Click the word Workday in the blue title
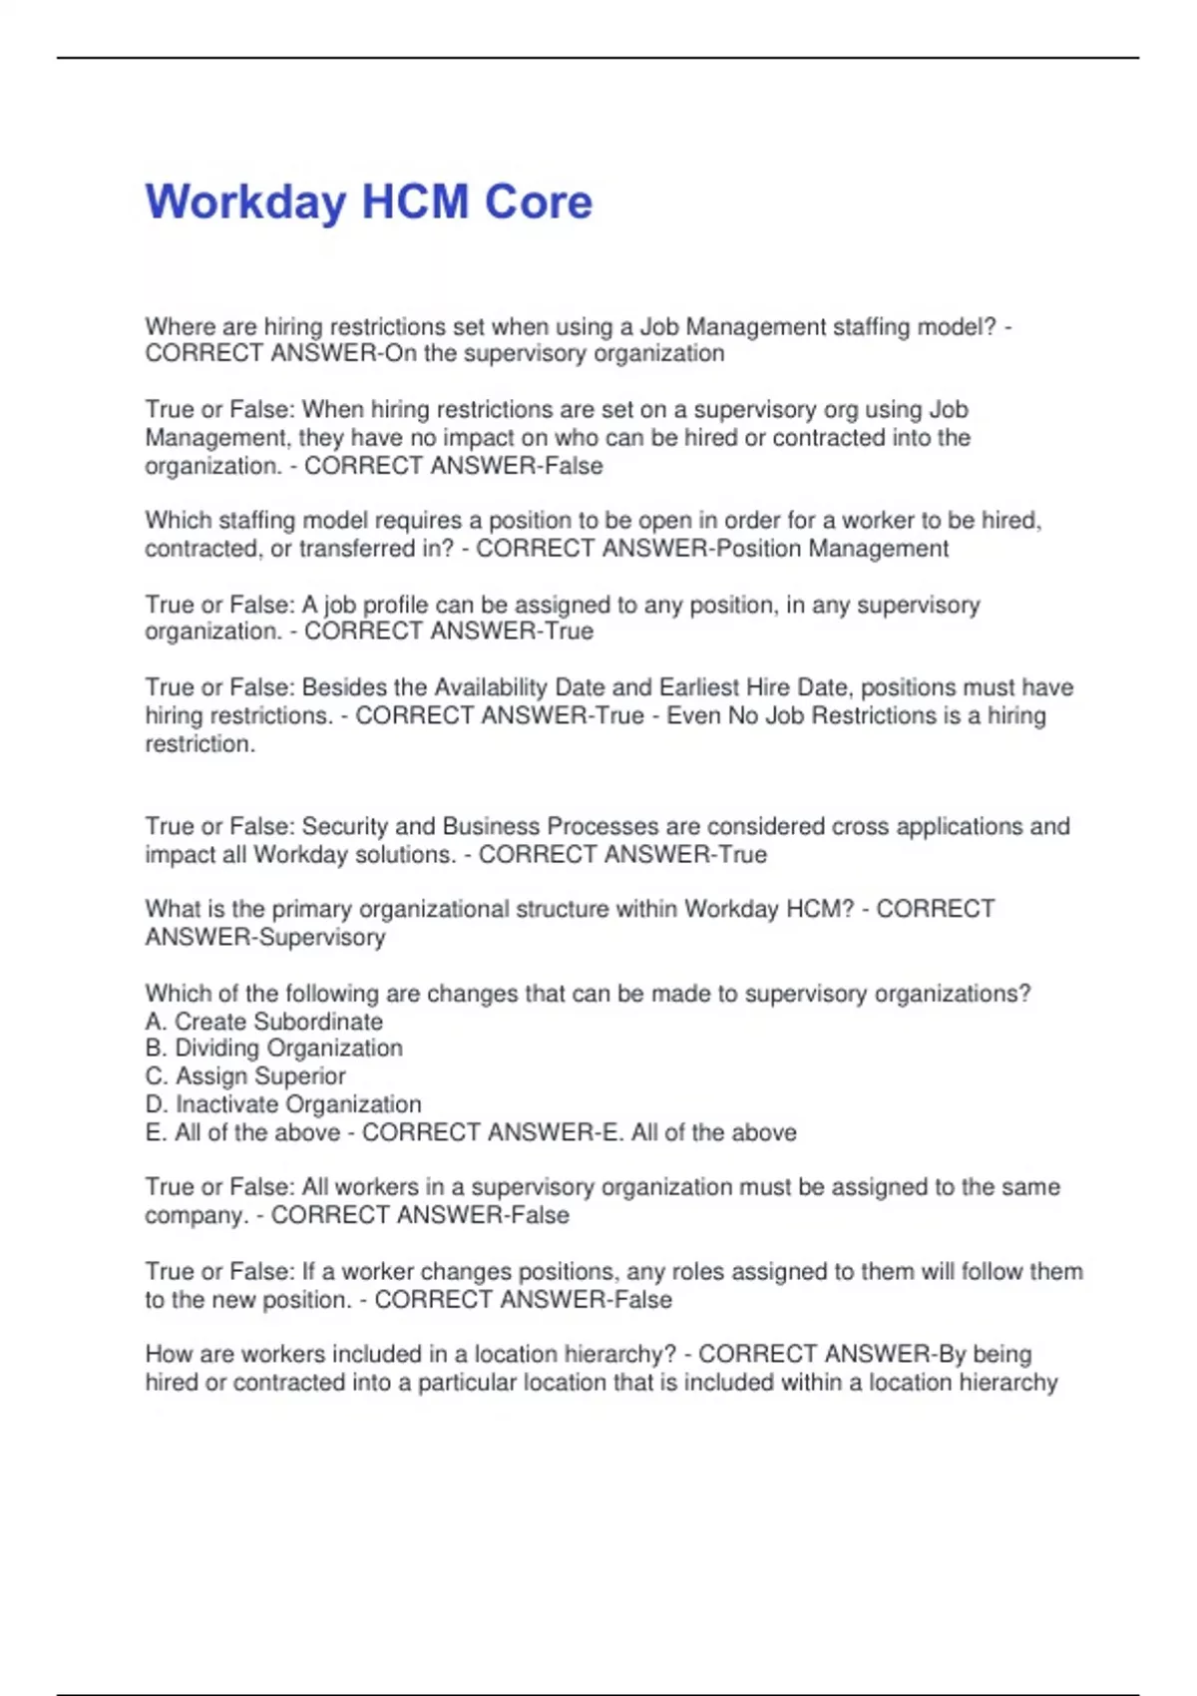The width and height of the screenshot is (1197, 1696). pyautogui.click(x=244, y=203)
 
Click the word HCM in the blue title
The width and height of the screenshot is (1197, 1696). pyautogui.click(x=414, y=202)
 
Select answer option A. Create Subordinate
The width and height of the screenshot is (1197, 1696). pyautogui.click(x=264, y=1022)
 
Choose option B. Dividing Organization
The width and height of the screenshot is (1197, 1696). pyautogui.click(x=274, y=1049)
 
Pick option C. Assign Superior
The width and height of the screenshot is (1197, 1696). pyautogui.click(x=245, y=1076)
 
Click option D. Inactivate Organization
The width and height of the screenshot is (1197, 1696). pyautogui.click(x=283, y=1104)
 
